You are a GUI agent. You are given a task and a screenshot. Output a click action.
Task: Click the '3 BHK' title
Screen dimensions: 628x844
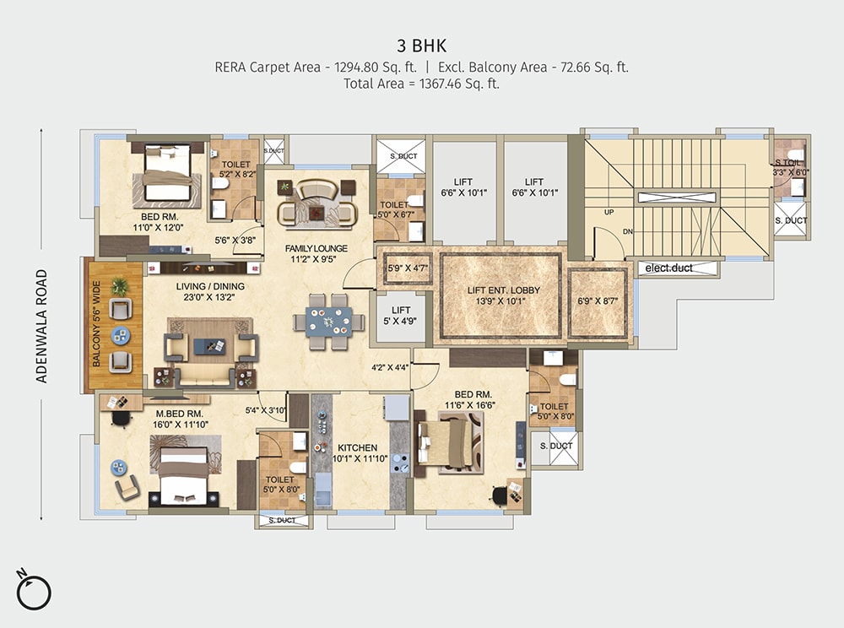coord(421,45)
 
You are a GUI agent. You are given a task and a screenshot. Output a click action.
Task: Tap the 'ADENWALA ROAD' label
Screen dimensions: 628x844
coord(41,327)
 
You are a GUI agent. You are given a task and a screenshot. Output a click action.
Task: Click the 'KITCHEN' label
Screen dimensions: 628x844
coord(357,447)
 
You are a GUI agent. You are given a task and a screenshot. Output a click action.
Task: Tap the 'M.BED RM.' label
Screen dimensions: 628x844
coord(179,414)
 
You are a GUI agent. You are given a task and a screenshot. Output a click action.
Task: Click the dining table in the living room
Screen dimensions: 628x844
coord(328,322)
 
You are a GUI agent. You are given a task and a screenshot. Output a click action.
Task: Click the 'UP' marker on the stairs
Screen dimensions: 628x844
coord(608,213)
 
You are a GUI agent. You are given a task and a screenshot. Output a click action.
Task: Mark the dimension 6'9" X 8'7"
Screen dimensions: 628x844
coord(598,300)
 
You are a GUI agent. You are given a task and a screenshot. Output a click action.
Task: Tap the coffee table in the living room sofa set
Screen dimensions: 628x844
coord(208,345)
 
